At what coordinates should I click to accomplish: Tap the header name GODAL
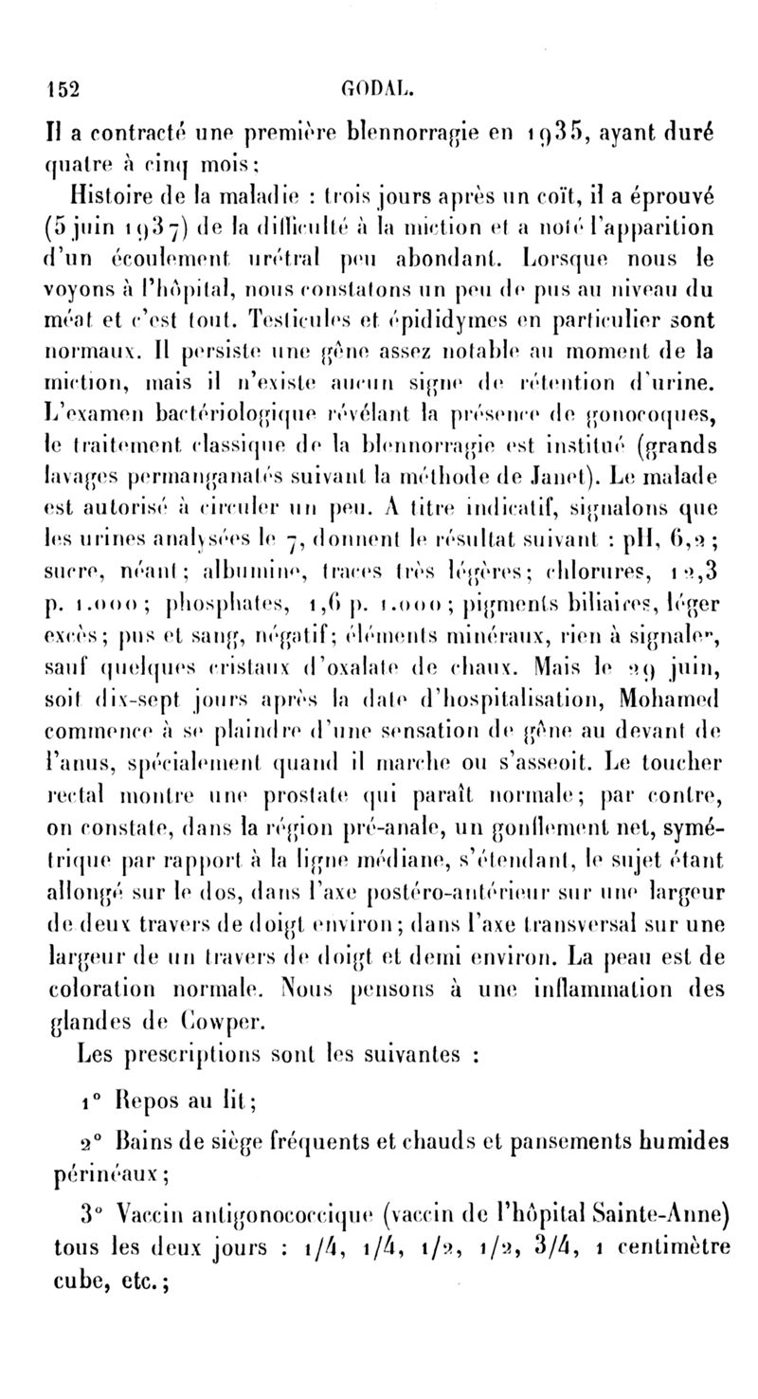378,90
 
